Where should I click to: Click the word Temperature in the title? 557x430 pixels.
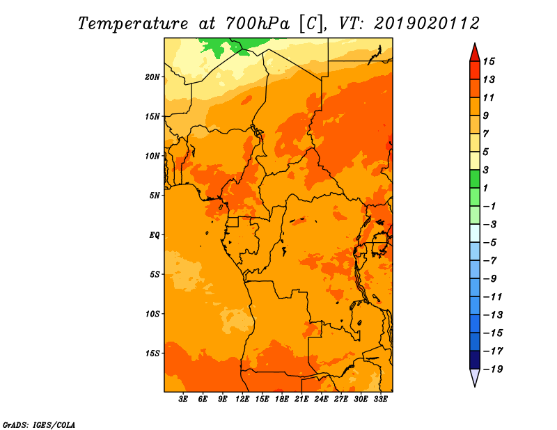tap(132, 24)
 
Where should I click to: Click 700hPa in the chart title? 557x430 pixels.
tap(257, 24)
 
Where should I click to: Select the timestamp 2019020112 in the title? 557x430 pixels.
tap(427, 24)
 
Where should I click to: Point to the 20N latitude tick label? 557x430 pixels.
tap(152, 77)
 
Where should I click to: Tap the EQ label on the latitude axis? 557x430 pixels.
tap(155, 235)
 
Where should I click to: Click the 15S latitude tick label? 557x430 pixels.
tap(152, 353)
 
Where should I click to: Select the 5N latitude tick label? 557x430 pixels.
tap(155, 196)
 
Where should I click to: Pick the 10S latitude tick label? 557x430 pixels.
tap(152, 314)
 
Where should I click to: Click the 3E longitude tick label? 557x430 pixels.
tap(183, 399)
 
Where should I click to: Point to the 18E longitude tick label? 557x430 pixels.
tap(282, 399)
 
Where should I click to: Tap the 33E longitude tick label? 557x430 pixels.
tap(380, 399)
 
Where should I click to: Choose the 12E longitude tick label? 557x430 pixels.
tap(242, 399)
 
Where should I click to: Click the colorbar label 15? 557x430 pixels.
tap(489, 61)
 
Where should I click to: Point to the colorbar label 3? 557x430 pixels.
tap(486, 170)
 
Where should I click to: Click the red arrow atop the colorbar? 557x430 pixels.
tap(475, 53)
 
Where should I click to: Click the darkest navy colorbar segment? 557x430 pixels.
tap(475, 360)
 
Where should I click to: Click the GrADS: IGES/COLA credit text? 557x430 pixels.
tap(39, 425)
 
